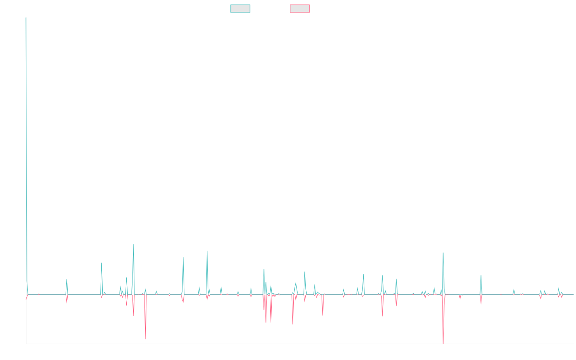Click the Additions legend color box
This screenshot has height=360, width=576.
click(240, 9)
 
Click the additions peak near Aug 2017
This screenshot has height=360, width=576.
click(133, 245)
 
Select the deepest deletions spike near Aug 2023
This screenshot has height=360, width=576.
click(443, 342)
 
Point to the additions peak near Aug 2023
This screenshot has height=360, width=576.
click(443, 253)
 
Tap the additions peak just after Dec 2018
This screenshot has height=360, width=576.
click(207, 251)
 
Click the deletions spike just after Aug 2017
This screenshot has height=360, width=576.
click(145, 339)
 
